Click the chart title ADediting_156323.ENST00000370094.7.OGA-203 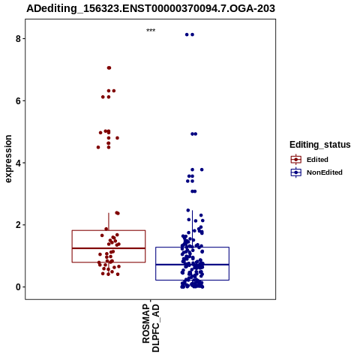click(x=151, y=8)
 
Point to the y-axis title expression click(x=8, y=159)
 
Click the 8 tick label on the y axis click(x=18, y=39)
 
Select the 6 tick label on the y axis click(x=18, y=100)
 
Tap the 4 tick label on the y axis click(x=18, y=163)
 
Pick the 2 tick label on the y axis click(x=18, y=225)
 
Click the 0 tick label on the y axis click(x=18, y=287)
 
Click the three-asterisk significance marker click(x=151, y=30)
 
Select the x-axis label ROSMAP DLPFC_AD click(x=151, y=328)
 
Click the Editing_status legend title click(x=320, y=145)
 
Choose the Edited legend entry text click(x=317, y=160)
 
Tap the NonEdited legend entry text click(x=325, y=172)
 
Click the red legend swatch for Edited click(x=296, y=160)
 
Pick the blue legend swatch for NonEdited click(x=296, y=172)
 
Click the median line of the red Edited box click(x=109, y=248)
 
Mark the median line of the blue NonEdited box click(x=192, y=265)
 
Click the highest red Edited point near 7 click(x=109, y=67)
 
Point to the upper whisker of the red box click(x=109, y=222)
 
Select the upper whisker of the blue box click(x=192, y=229)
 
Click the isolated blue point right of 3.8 click(x=202, y=169)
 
